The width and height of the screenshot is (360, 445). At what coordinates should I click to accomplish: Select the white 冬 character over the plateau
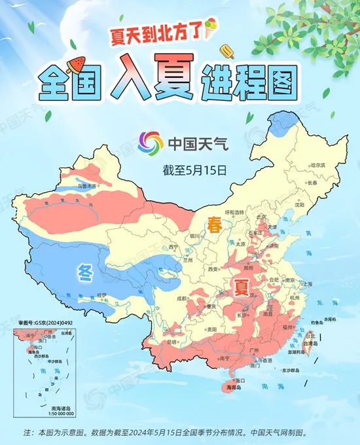coord(84,270)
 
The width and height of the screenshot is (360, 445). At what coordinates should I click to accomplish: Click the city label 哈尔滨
coord(317,166)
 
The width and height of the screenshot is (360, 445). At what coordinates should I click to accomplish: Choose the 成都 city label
coord(181,298)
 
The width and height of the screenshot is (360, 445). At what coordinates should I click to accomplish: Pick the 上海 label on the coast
coord(308,283)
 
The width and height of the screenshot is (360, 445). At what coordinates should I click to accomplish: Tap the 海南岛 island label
coord(234,387)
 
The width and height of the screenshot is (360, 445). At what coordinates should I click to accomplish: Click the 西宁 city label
coord(173,247)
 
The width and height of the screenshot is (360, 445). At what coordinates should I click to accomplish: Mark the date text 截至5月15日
coord(194,170)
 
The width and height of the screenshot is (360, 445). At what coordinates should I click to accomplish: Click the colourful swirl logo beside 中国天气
coord(151,142)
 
